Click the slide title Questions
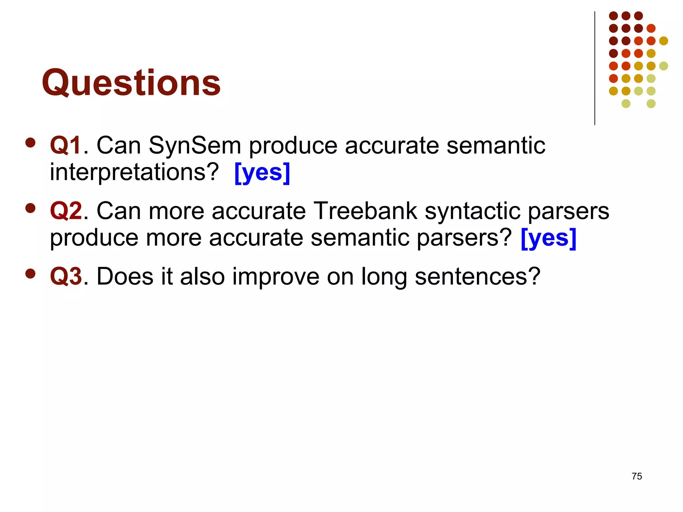pyautogui.click(x=131, y=83)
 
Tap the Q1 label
pyautogui.click(x=66, y=146)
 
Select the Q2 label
pyautogui.click(x=66, y=211)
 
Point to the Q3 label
pyautogui.click(x=66, y=276)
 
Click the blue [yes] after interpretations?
pyautogui.click(x=262, y=172)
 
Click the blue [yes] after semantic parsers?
pyautogui.click(x=548, y=238)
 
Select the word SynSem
pyautogui.click(x=194, y=146)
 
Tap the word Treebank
pyautogui.click(x=366, y=211)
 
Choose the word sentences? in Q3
pyautogui.click(x=477, y=276)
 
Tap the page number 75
pyautogui.click(x=637, y=476)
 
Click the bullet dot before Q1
pyautogui.click(x=30, y=143)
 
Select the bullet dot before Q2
pyautogui.click(x=30, y=208)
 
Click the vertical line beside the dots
pyautogui.click(x=595, y=68)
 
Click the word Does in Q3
pyautogui.click(x=125, y=276)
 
